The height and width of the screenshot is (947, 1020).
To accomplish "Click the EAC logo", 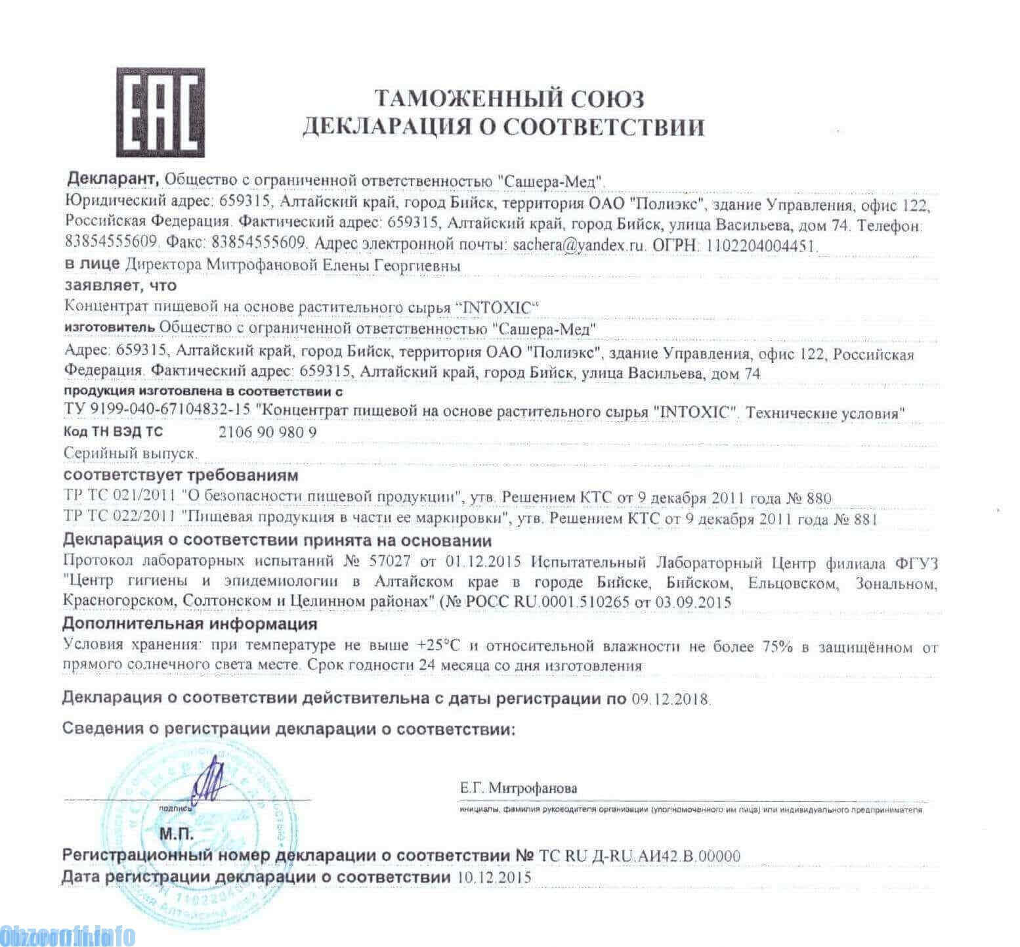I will pos(160,112).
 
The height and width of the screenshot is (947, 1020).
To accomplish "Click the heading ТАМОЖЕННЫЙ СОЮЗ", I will pos(509,99).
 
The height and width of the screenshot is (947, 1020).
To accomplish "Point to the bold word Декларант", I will pos(112,179).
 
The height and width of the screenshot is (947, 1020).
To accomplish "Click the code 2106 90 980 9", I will pos(267,433).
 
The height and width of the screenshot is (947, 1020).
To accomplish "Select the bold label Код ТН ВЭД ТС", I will pos(113,432).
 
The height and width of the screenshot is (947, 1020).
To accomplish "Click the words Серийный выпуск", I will pos(131,453).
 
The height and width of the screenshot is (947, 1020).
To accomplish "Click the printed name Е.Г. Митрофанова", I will pos(519,788).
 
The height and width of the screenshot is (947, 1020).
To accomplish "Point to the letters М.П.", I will pos(177,835).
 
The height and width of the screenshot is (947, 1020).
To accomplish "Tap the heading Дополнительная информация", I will pos(190,623).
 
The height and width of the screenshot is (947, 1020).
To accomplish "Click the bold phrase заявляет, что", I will pos(120,286).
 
